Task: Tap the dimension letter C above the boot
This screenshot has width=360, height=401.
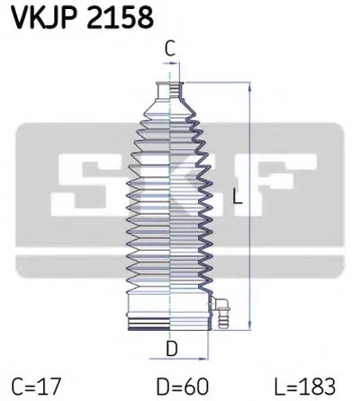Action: click(170, 49)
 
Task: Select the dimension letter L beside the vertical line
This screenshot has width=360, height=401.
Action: click(238, 197)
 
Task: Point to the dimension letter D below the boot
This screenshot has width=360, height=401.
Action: click(172, 349)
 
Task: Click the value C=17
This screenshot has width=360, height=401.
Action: click(36, 387)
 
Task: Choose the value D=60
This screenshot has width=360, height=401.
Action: click(182, 387)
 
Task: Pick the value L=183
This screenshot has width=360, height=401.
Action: click(304, 387)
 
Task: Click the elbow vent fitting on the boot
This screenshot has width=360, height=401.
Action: click(221, 312)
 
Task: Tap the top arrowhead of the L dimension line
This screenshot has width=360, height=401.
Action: click(250, 86)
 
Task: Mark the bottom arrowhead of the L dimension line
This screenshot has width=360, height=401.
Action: click(250, 326)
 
